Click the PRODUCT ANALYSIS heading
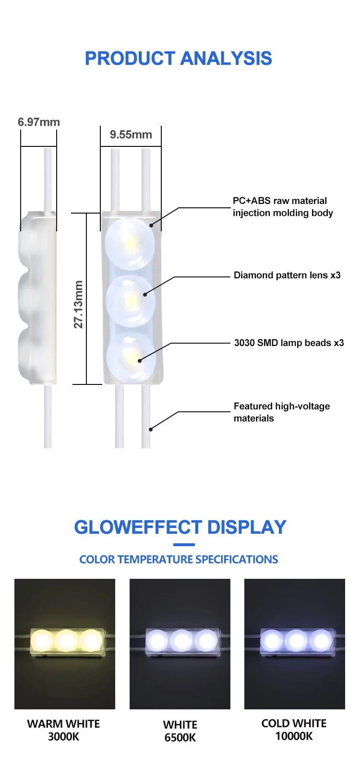pos(179,59)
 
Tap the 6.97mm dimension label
pos(39,122)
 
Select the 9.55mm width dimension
pos(131,135)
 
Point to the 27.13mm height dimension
pos(78,304)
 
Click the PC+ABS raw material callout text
pos(283,207)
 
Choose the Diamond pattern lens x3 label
pos(287,275)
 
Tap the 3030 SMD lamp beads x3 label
pos(289,343)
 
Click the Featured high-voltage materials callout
pos(282,412)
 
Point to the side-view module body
pos(37,298)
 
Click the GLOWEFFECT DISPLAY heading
pos(180,527)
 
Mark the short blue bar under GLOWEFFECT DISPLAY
pos(184,545)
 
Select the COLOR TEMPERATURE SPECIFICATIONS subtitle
pos(179,560)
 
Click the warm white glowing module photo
pos(65,644)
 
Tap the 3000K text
pos(63,737)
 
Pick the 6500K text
pos(180,738)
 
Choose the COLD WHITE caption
pos(294,723)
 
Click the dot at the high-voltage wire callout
pos(150,429)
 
